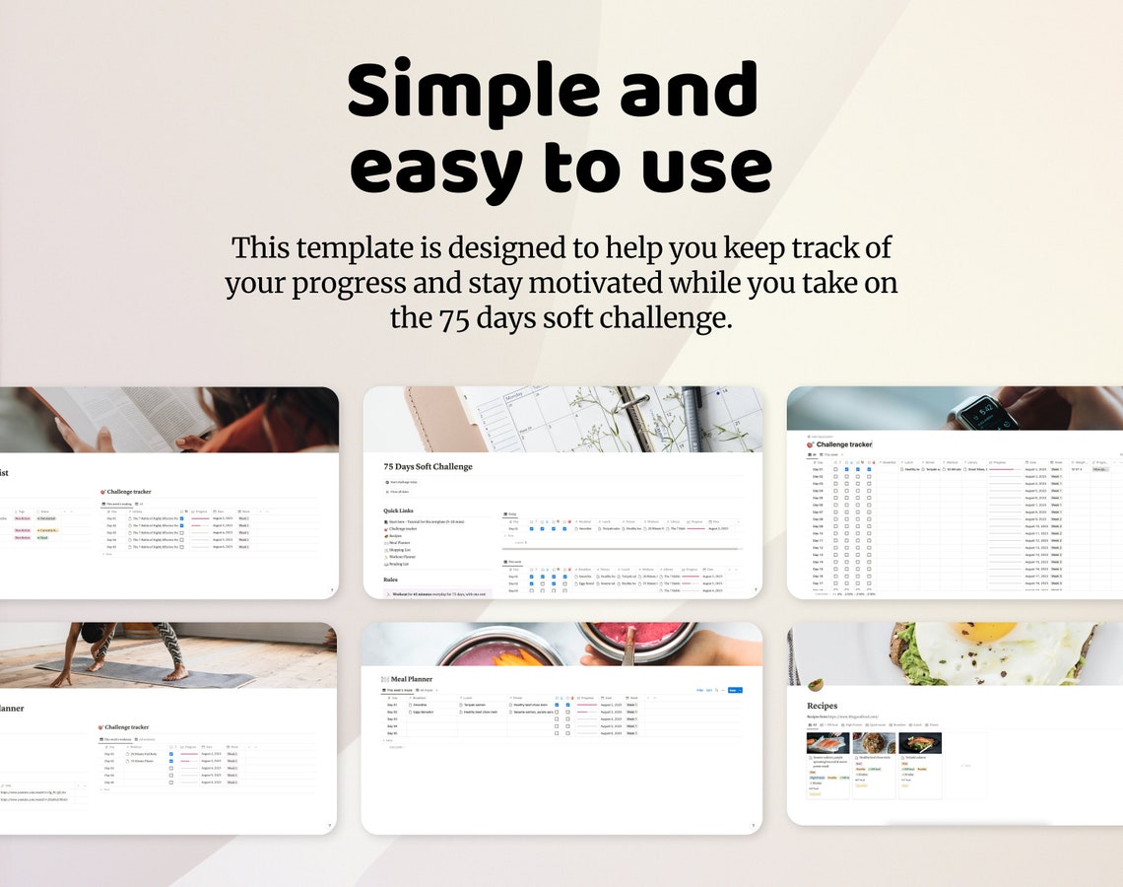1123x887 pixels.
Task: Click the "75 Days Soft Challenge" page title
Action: pyautogui.click(x=428, y=466)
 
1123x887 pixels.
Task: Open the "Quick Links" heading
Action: pyautogui.click(x=399, y=511)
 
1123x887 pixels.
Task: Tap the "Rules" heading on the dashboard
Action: pyautogui.click(x=390, y=580)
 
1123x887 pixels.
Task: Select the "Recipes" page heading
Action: pyautogui.click(x=822, y=706)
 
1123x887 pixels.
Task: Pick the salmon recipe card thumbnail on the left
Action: pyautogui.click(x=827, y=743)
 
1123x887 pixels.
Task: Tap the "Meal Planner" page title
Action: pyautogui.click(x=412, y=679)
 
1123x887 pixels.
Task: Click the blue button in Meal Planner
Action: pyautogui.click(x=734, y=691)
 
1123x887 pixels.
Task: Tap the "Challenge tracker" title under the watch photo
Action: pyautogui.click(x=843, y=444)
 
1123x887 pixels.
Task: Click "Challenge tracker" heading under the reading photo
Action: pyautogui.click(x=128, y=491)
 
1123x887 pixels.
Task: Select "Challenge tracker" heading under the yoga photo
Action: pyautogui.click(x=127, y=727)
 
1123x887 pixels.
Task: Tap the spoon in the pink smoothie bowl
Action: pyautogui.click(x=628, y=645)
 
